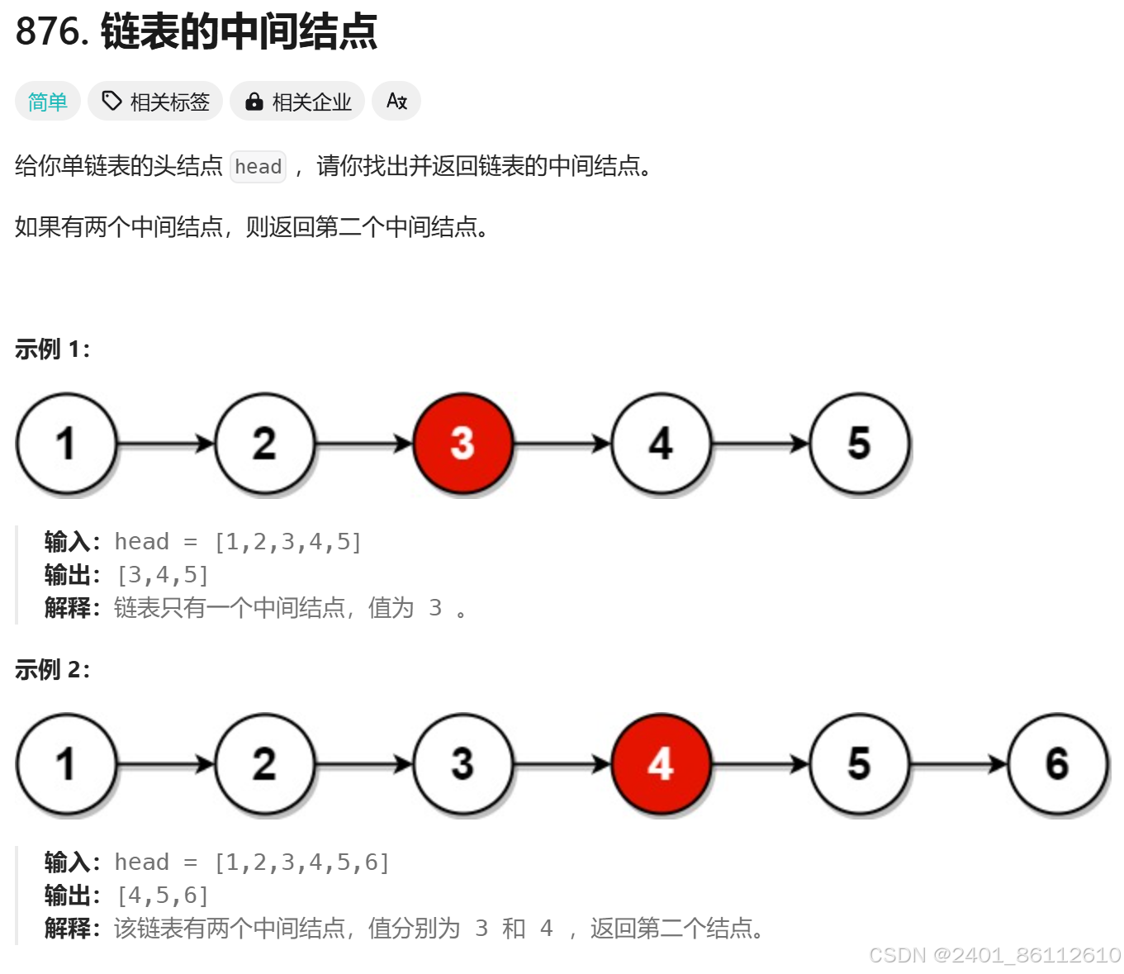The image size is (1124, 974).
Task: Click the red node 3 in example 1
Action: pos(462,444)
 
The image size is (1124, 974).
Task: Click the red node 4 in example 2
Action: pos(661,764)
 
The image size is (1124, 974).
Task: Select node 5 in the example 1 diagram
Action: pos(859,444)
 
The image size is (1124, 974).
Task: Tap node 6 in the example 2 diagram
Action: pos(1057,764)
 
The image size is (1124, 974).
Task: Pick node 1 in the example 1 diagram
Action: pos(66,444)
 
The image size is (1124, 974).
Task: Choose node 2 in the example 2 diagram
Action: pos(264,764)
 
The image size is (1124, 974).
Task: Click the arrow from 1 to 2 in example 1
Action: pos(165,444)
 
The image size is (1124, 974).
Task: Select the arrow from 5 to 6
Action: pos(958,765)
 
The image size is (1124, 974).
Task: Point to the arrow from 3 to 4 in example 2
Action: pos(562,765)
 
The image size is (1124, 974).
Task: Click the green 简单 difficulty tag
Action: pos(48,102)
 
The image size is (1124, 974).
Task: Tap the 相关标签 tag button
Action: pos(155,102)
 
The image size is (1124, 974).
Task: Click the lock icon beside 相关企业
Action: pos(254,102)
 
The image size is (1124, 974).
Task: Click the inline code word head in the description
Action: pos(258,167)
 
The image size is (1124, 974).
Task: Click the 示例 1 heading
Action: pos(52,349)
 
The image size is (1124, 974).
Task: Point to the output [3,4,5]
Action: pos(163,575)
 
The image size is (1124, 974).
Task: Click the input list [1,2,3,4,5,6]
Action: pos(301,862)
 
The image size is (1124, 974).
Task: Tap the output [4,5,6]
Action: pos(163,896)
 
